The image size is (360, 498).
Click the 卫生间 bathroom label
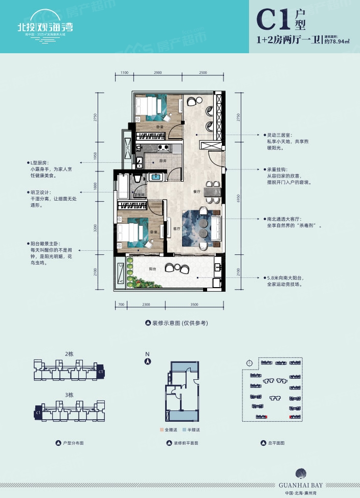[139, 195]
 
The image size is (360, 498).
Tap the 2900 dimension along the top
[157, 73]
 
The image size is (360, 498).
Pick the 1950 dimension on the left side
[95, 156]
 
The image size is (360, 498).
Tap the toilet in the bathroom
[138, 182]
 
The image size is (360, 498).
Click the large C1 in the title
[273, 21]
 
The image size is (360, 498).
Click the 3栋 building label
[70, 395]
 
